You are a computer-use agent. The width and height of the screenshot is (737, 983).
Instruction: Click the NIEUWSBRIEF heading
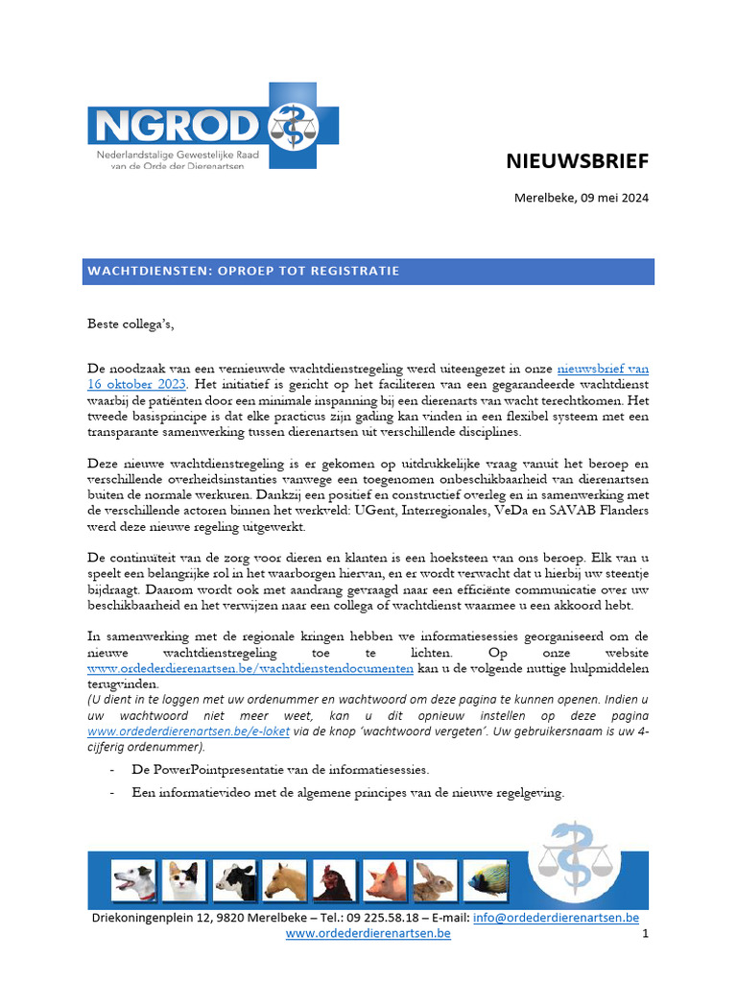577,161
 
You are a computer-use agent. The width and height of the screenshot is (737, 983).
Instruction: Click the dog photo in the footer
133,879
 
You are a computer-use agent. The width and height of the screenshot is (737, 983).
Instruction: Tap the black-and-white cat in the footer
183,879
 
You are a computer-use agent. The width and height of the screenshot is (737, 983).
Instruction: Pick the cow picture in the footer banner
234,879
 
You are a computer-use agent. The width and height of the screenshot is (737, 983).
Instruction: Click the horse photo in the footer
285,879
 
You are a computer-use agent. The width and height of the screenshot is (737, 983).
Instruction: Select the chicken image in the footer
336,879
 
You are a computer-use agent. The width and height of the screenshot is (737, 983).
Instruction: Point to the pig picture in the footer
386,879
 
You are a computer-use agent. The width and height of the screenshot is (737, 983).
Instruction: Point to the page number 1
645,934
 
